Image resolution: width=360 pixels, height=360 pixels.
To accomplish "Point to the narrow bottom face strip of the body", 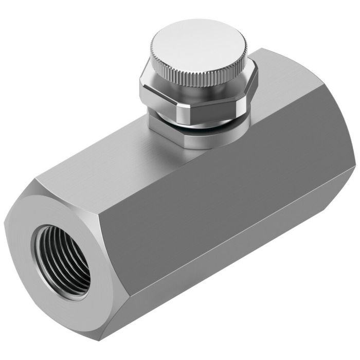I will (231, 288).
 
